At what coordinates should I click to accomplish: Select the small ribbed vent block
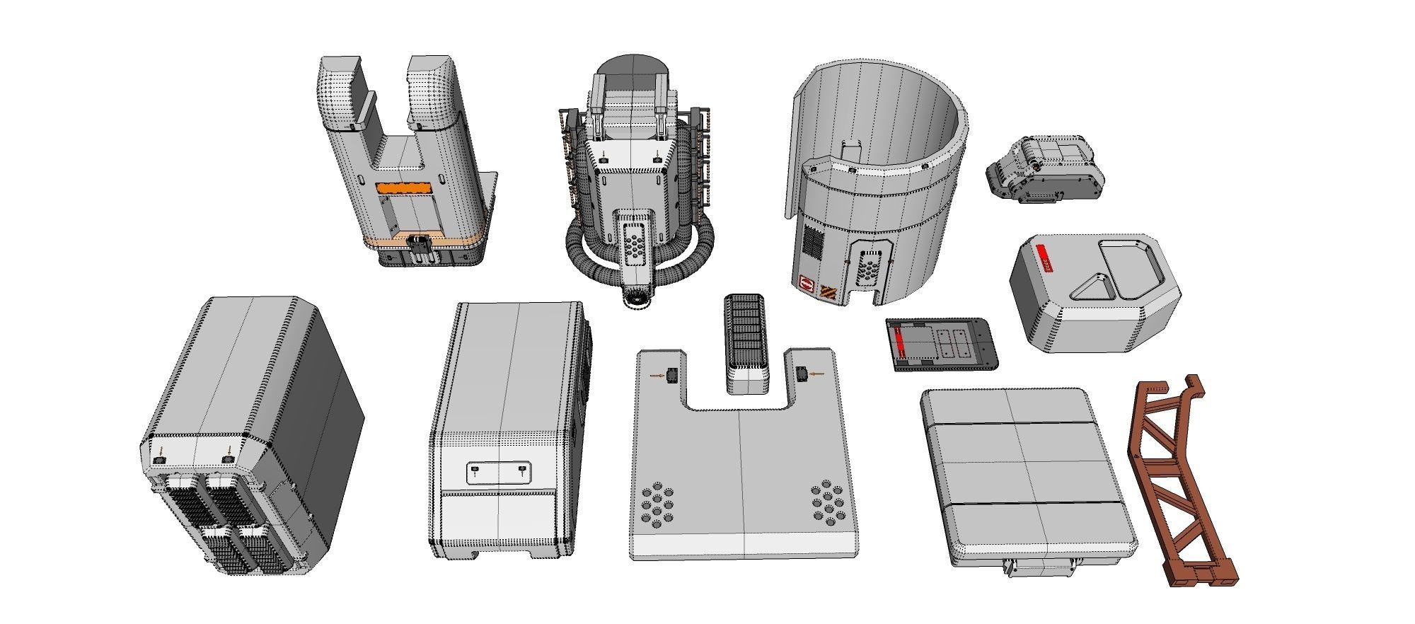746,333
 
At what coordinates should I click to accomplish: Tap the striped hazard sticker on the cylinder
828,290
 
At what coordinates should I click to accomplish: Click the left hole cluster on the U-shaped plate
657,504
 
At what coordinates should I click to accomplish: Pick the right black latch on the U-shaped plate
802,374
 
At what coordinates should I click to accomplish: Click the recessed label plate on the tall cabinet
499,474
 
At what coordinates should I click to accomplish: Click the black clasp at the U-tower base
419,245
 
